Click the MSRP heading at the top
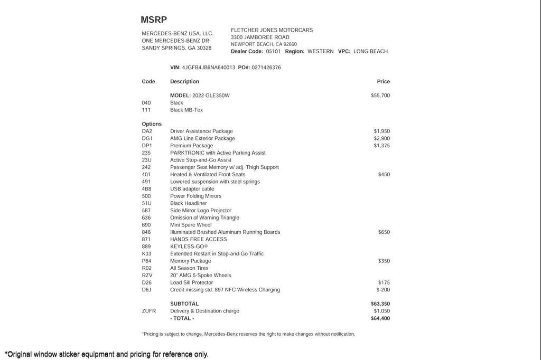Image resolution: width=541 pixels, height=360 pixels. (x=154, y=20)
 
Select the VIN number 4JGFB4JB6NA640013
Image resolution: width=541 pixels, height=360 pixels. (x=209, y=68)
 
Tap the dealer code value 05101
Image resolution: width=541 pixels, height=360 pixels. (x=273, y=51)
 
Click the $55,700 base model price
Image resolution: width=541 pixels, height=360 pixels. (x=380, y=96)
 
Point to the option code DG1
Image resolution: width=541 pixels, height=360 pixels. (x=147, y=138)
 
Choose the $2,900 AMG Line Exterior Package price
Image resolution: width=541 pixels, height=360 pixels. (x=381, y=138)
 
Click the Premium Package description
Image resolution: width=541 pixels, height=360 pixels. (x=191, y=146)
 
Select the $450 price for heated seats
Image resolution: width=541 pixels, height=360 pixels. (x=384, y=174)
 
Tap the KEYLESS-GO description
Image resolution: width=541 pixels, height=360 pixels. (x=189, y=247)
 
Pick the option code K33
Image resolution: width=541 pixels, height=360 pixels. (x=146, y=254)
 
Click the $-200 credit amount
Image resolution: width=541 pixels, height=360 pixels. (x=383, y=290)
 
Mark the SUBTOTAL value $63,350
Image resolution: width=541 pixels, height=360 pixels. (x=380, y=304)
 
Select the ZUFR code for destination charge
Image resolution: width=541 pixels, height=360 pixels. (x=148, y=311)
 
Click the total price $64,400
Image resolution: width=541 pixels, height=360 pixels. (x=380, y=318)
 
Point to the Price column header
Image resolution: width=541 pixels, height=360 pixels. (x=383, y=81)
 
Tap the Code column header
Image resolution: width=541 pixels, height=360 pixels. (x=148, y=81)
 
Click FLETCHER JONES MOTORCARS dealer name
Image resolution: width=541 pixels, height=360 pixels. (x=272, y=30)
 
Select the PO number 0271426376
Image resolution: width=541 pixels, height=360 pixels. (x=266, y=68)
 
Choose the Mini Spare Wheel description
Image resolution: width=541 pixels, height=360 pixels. (x=191, y=225)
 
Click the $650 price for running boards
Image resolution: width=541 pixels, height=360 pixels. (x=384, y=232)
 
